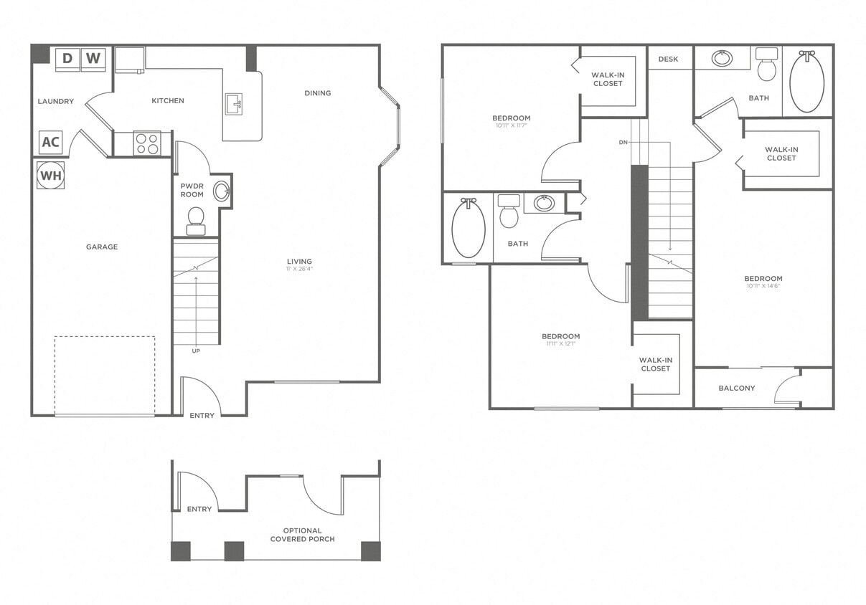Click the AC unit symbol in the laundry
pyautogui.click(x=50, y=142)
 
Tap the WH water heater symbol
pyautogui.click(x=50, y=175)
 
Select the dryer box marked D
pyautogui.click(x=67, y=58)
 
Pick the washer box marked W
pyautogui.click(x=93, y=58)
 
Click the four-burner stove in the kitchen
pyautogui.click(x=147, y=144)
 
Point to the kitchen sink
pyautogui.click(x=234, y=104)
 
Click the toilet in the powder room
pyautogui.click(x=196, y=220)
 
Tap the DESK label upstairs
pyautogui.click(x=668, y=59)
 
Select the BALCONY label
pyautogui.click(x=737, y=388)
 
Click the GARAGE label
pyautogui.click(x=102, y=247)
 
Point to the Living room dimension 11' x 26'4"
pyautogui.click(x=299, y=270)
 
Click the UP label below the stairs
pyautogui.click(x=196, y=351)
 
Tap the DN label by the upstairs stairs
pyautogui.click(x=623, y=142)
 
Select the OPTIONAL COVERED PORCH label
pyautogui.click(x=302, y=535)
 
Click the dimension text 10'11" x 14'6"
pyautogui.click(x=763, y=286)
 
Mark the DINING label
pyautogui.click(x=318, y=92)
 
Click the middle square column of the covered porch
pyautogui.click(x=234, y=551)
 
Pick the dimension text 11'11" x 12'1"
pyautogui.click(x=560, y=343)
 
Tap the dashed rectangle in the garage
pyautogui.click(x=105, y=374)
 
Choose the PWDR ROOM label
pyautogui.click(x=192, y=190)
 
